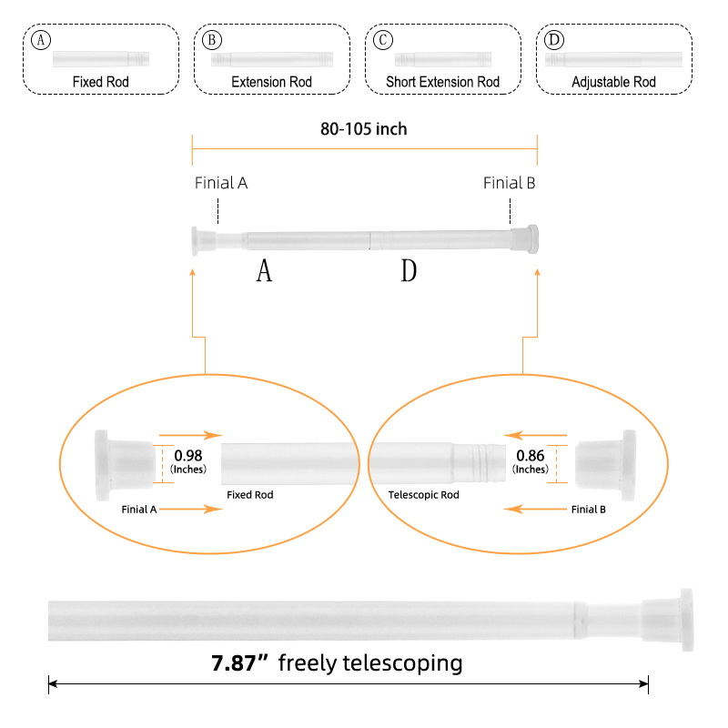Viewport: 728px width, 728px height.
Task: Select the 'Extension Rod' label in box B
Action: [x=271, y=82]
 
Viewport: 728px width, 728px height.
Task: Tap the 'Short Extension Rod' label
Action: [x=443, y=82]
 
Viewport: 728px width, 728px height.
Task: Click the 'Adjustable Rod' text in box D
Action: [x=614, y=82]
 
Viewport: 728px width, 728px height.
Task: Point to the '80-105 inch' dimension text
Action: [x=364, y=129]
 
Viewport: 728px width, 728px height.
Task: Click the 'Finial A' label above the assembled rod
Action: [x=221, y=183]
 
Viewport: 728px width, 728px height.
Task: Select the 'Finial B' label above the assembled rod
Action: [x=510, y=183]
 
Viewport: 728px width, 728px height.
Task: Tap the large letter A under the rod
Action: [x=264, y=270]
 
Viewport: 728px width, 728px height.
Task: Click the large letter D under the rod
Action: [x=409, y=270]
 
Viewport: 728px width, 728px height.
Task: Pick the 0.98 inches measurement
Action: [x=188, y=455]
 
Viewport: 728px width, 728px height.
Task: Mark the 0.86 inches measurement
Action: [x=531, y=455]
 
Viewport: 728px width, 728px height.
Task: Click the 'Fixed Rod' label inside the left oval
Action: [x=249, y=495]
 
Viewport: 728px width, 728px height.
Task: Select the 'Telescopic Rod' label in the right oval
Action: [x=423, y=495]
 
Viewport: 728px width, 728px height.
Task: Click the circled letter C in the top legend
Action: [x=384, y=41]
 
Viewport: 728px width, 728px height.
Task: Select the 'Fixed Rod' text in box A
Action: [x=101, y=82]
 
